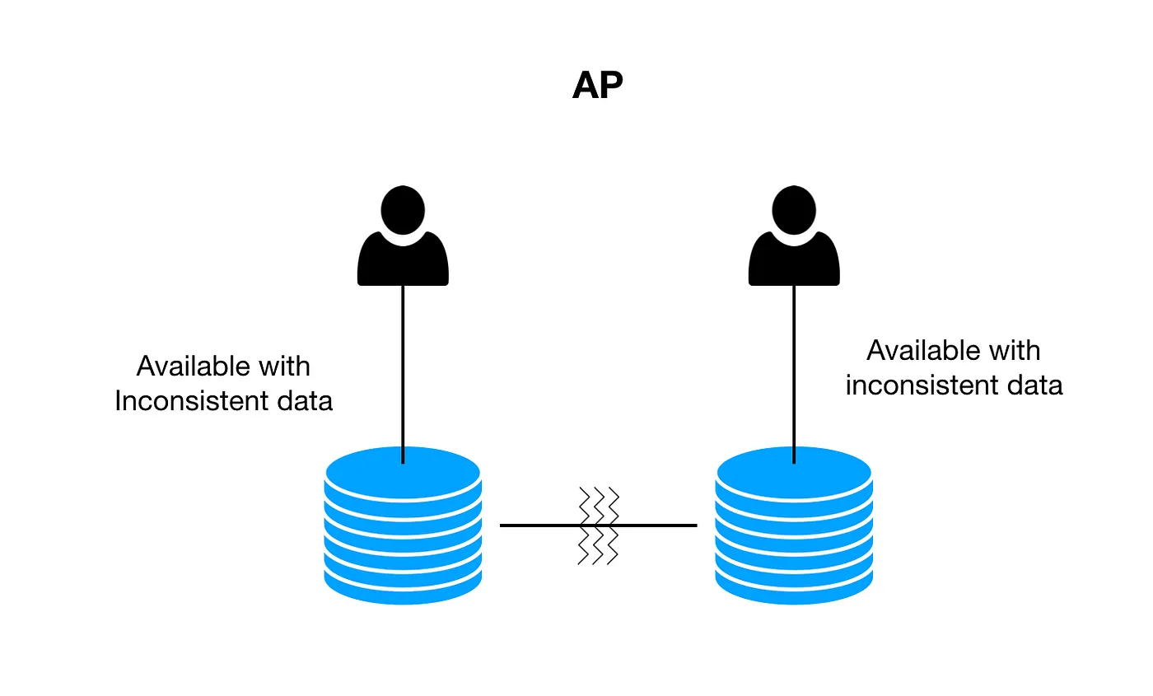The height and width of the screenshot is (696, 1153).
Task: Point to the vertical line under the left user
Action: click(x=403, y=371)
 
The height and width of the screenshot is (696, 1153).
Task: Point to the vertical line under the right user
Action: click(x=794, y=371)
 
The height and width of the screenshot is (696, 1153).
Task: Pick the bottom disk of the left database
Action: click(x=403, y=590)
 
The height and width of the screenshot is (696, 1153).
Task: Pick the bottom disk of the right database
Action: click(x=794, y=590)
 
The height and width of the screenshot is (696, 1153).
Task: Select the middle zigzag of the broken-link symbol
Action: click(x=599, y=525)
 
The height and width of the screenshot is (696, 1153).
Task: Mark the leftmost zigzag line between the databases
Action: click(x=584, y=525)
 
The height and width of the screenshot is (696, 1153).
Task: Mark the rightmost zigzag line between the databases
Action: click(x=614, y=525)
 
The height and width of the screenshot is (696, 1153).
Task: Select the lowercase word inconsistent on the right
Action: click(x=922, y=385)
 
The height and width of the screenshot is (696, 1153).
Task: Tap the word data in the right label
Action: click(x=1033, y=385)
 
